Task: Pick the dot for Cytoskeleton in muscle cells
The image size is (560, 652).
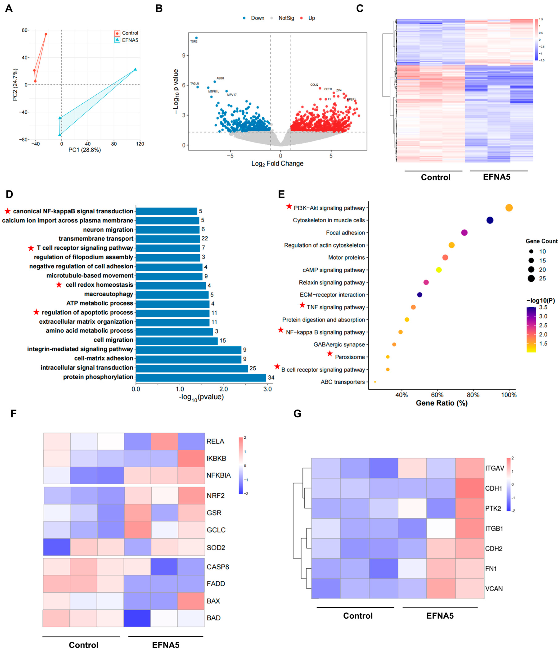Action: [490, 220]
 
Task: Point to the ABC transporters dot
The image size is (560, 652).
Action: [375, 382]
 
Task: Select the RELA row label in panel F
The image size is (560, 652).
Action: [215, 441]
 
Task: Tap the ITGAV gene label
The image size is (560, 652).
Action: [494, 468]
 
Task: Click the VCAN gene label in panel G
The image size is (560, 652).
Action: [494, 588]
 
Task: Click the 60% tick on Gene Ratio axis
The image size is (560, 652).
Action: [437, 395]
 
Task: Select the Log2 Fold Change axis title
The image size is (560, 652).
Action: [277, 164]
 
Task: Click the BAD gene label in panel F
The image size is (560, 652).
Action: [214, 618]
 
